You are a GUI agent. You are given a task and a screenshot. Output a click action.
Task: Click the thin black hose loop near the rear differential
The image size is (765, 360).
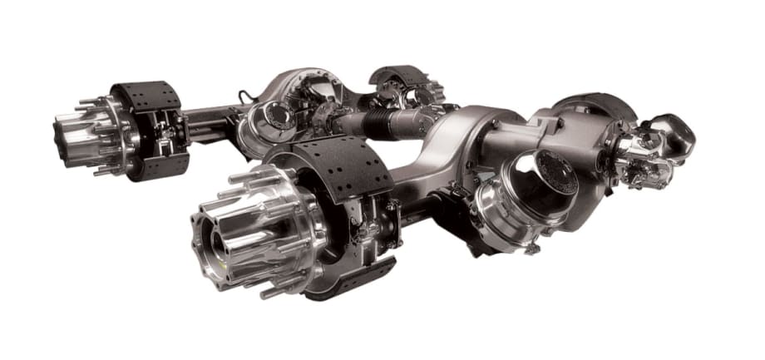point(244,96)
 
